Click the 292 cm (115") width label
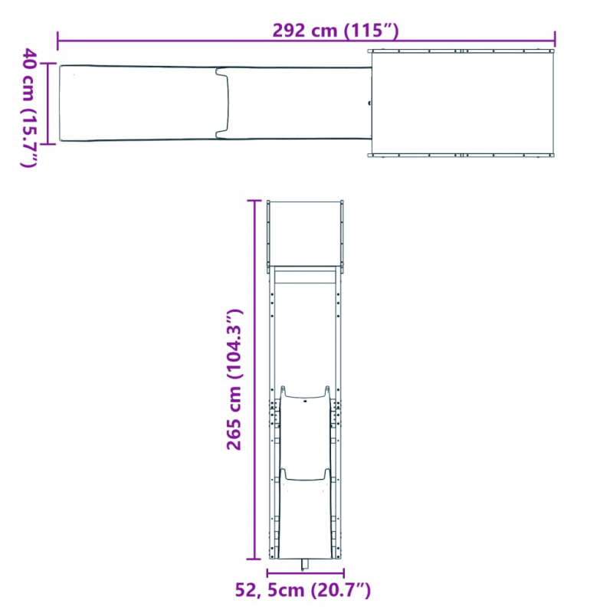(336, 31)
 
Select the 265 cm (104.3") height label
(234, 380)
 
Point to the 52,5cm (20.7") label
(303, 590)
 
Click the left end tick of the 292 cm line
(58, 39)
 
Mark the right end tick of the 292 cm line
(556, 39)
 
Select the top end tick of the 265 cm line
(254, 200)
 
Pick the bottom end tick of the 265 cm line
(254, 560)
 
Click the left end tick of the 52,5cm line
(267, 573)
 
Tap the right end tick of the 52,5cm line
(343, 573)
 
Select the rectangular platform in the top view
(462, 103)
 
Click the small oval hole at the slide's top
(305, 399)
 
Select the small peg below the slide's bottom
(305, 565)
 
